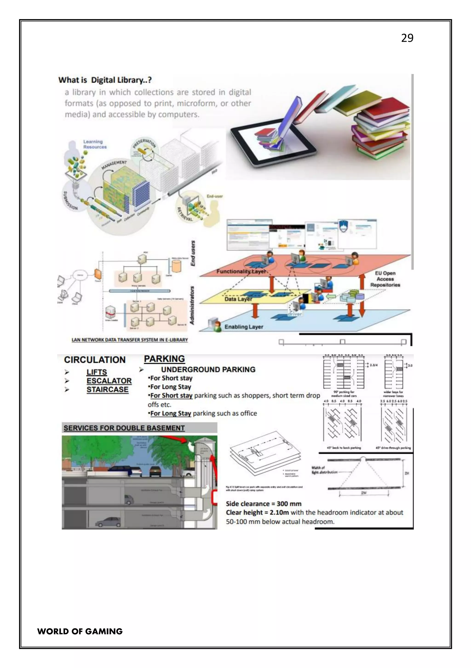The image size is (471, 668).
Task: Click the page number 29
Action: pos(407,38)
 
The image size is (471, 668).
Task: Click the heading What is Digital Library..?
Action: pos(105,80)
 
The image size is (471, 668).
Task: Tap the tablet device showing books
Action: pos(273,144)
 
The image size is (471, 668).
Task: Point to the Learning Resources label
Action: pos(95,144)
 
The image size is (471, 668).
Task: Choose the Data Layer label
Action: pos(238,299)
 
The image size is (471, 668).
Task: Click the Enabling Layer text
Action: pos(244,327)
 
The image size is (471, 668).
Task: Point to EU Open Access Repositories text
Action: pos(385,279)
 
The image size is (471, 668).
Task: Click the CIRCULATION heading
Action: pos(95,360)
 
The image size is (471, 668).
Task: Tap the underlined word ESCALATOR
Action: pos(109,381)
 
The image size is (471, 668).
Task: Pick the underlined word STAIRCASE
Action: pos(107,389)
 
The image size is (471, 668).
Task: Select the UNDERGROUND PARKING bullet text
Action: pos(208,369)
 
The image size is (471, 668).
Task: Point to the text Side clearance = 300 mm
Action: pos(264,504)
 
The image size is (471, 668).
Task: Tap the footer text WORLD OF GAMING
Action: pos(80,631)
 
